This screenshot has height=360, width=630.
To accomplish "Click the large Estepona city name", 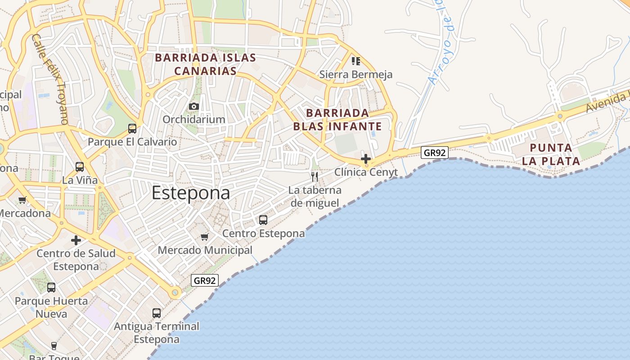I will pyautogui.click(x=191, y=193).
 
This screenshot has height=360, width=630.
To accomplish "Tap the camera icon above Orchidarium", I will pyautogui.click(x=194, y=107).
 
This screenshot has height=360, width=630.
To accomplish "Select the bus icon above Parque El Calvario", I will pyautogui.click(x=132, y=129).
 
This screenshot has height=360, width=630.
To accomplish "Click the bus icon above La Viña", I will pyautogui.click(x=80, y=167).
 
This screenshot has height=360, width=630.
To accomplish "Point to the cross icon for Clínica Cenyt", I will pyautogui.click(x=366, y=159).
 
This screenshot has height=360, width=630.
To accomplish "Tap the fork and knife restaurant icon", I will pyautogui.click(x=315, y=176).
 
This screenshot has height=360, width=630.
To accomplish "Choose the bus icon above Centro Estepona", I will pyautogui.click(x=263, y=220).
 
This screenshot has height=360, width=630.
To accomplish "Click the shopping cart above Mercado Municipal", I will pyautogui.click(x=205, y=237).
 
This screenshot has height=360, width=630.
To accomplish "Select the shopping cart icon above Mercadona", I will pyautogui.click(x=22, y=200).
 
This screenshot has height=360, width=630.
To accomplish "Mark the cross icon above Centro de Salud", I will pyautogui.click(x=76, y=240).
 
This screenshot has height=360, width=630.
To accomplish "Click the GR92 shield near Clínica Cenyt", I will pyautogui.click(x=435, y=153).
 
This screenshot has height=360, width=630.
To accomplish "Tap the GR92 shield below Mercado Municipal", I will pyautogui.click(x=205, y=280).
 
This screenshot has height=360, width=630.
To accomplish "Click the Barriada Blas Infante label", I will pyautogui.click(x=337, y=119).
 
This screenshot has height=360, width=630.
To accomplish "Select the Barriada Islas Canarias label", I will pyautogui.click(x=206, y=64).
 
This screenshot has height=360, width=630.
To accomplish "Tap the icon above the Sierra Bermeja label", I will pyautogui.click(x=355, y=61).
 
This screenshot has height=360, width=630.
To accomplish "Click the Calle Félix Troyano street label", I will pyautogui.click(x=50, y=79).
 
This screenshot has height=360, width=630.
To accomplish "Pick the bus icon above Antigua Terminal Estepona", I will pyautogui.click(x=157, y=313).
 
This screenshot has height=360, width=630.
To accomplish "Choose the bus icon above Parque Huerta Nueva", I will pyautogui.click(x=51, y=288).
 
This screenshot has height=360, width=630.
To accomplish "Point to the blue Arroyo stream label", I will pyautogui.click(x=442, y=43).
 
